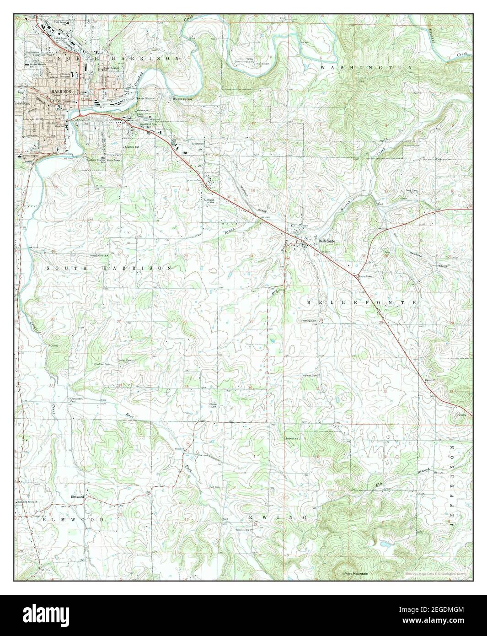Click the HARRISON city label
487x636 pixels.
54,91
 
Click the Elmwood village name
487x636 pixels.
76,497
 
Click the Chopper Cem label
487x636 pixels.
214,405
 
